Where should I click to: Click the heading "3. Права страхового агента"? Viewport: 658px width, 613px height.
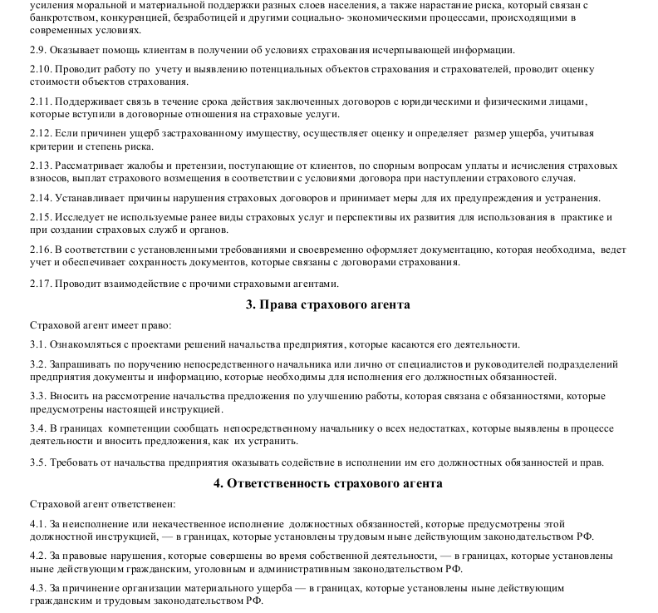tap(327, 305)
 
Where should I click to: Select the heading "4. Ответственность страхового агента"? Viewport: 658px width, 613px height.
tap(327, 483)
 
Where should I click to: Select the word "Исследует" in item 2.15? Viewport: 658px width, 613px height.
tap(80, 218)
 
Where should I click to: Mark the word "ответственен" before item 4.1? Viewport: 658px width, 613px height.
tap(141, 504)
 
